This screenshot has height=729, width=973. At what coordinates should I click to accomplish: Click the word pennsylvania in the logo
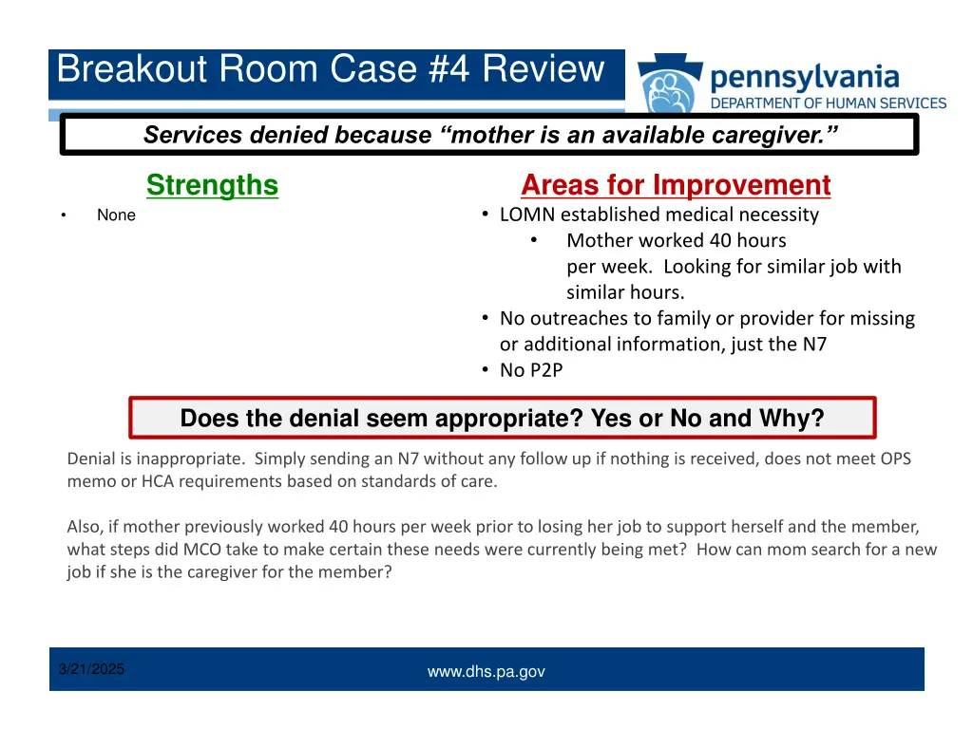click(x=804, y=75)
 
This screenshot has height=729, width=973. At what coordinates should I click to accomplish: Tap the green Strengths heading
click(x=212, y=185)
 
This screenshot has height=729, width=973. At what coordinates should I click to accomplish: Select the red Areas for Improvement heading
click(x=676, y=185)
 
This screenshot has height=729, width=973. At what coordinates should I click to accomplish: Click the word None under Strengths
click(x=116, y=215)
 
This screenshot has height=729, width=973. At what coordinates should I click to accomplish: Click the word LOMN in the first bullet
click(x=526, y=215)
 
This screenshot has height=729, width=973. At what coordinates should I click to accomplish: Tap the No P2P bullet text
click(x=531, y=370)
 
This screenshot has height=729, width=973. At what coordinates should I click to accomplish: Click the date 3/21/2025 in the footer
click(x=91, y=669)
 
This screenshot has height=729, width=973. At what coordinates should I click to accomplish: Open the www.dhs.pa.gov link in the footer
click(x=486, y=672)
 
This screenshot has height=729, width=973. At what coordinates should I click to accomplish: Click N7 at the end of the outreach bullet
click(x=814, y=345)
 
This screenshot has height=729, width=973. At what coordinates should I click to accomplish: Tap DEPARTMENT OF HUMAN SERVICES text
click(x=829, y=103)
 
